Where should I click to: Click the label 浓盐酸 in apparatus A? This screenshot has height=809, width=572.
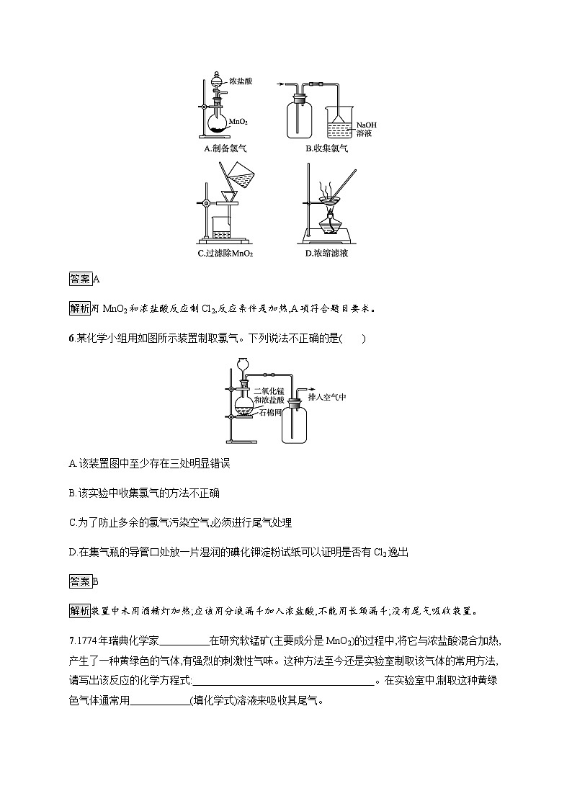tap(241, 82)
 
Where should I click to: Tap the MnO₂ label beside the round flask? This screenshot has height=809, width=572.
tap(238, 123)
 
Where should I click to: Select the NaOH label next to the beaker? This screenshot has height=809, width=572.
tap(366, 125)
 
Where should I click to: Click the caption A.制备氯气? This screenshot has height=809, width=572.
tap(225, 149)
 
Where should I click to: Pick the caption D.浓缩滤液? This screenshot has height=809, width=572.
tap(326, 254)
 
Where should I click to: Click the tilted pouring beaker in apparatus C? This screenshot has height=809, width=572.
tap(245, 174)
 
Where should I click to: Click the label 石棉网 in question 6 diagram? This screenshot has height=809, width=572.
tap(272, 414)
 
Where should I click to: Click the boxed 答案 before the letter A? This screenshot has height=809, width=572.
tap(80, 279)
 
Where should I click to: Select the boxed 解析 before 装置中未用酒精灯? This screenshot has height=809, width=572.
tap(80, 612)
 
